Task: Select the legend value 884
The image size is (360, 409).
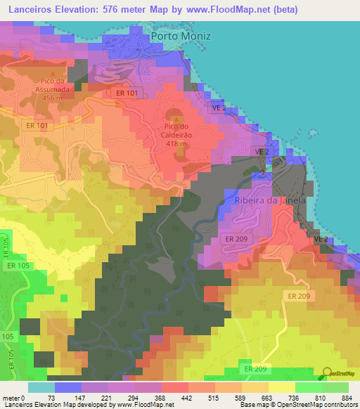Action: click(x=349, y=398)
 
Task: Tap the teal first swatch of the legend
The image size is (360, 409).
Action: click(x=41, y=387)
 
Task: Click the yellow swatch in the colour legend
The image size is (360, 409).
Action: click(x=282, y=387)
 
